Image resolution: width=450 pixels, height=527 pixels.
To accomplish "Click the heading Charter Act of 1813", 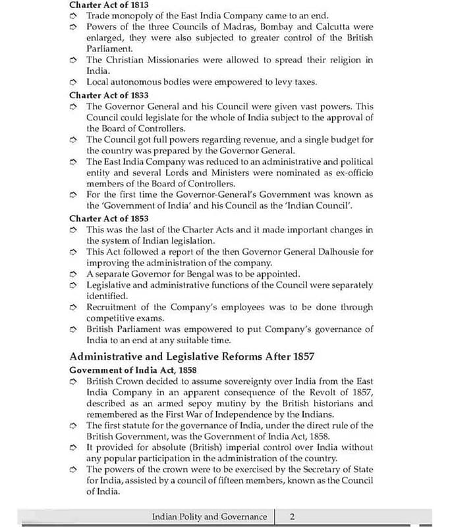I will click(109, 5).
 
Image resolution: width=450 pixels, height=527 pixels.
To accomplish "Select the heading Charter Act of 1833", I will click(109, 95).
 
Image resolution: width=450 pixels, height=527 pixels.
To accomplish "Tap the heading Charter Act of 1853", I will click(109, 218).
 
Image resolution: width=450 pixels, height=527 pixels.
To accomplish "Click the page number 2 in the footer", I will click(293, 517).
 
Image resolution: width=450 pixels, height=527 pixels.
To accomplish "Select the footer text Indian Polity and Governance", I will click(209, 517).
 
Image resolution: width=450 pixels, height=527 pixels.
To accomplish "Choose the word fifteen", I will click(259, 481).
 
